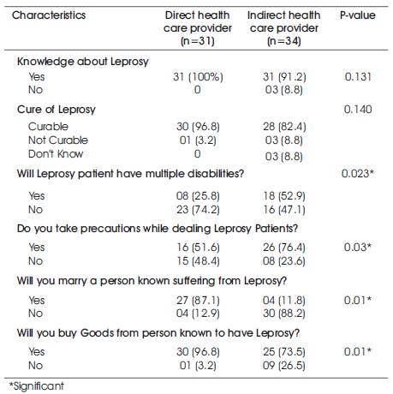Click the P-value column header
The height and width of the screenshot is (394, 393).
coord(358,15)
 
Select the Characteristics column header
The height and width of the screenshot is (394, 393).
coord(49,15)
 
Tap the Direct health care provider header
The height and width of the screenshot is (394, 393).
coord(198,28)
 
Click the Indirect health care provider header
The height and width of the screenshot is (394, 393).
coord(284,28)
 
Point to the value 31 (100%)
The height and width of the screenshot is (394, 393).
coord(198,77)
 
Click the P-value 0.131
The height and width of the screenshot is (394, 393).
coord(358,76)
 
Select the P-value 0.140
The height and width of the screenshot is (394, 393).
coord(358,110)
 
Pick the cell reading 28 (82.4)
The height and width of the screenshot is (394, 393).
coord(284,127)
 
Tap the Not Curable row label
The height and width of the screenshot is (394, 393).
coord(58,140)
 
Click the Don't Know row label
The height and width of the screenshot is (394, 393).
coord(56,154)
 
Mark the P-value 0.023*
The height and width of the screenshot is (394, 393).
coord(358,173)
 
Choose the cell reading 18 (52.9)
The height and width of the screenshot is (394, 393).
coord(284,196)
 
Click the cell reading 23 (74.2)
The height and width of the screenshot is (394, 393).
coord(198,210)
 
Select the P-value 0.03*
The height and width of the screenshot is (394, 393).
coord(358,247)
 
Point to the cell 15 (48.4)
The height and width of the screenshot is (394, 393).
coord(198,261)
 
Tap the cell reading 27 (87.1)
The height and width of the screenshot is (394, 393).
coord(198,301)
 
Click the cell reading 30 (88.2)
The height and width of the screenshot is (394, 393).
coord(284,313)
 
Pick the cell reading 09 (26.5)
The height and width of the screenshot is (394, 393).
coord(284,366)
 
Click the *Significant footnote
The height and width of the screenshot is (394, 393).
coord(36,386)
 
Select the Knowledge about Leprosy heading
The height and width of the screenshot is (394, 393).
coord(83,62)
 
